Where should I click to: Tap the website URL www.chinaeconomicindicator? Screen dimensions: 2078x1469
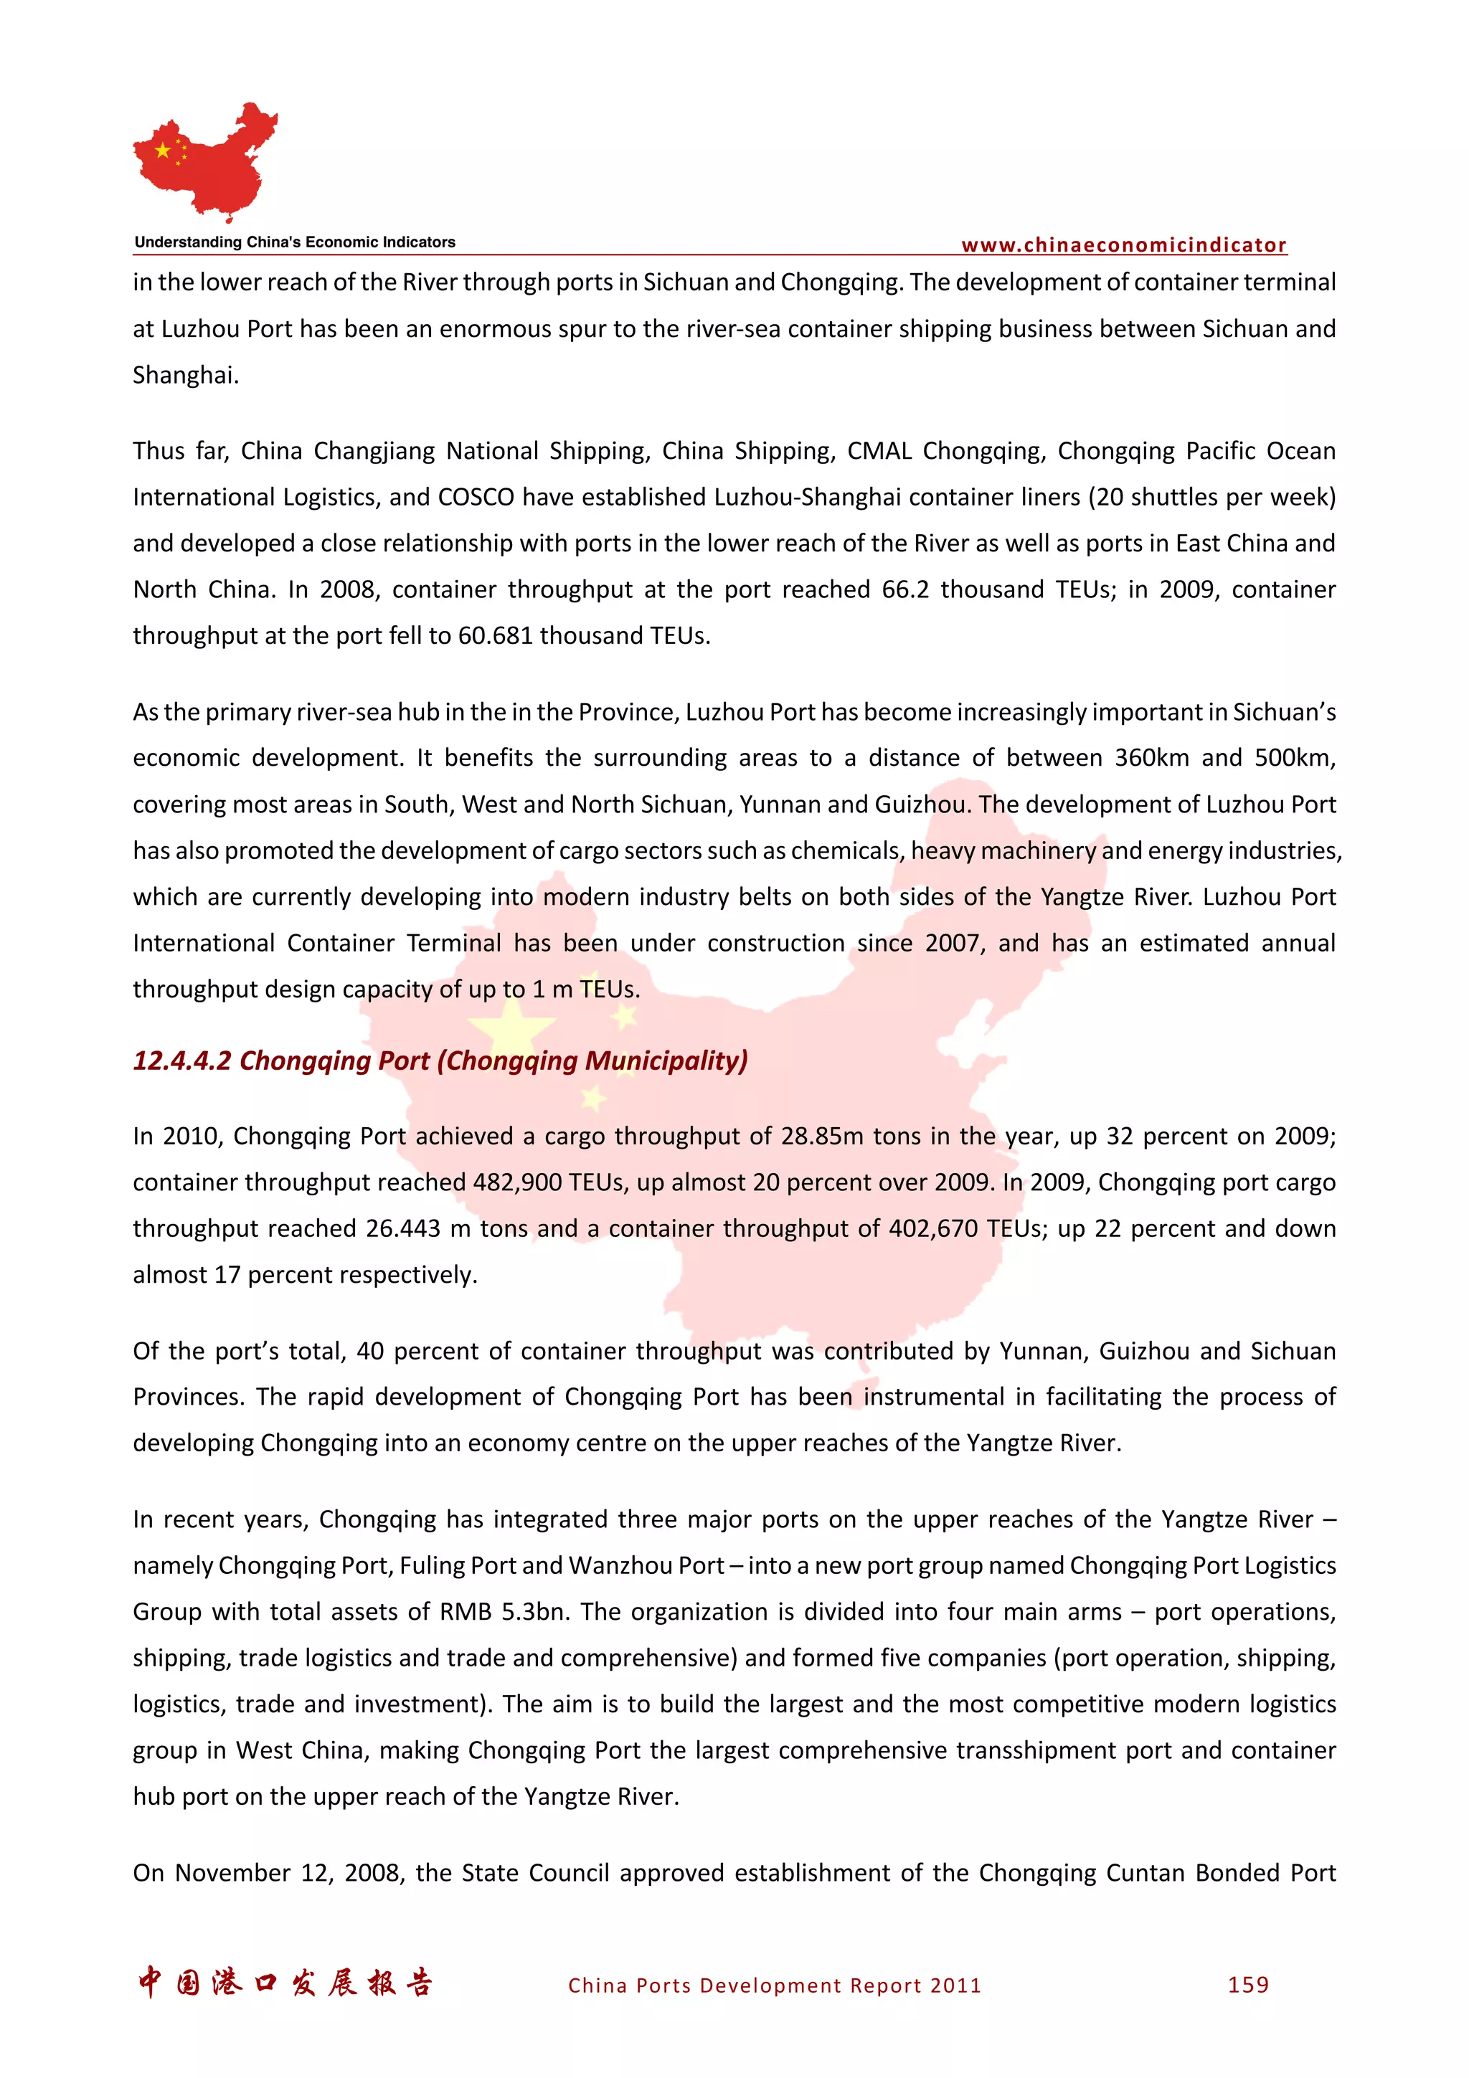[x=1123, y=245]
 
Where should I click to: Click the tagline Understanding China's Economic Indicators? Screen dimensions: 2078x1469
[x=295, y=242]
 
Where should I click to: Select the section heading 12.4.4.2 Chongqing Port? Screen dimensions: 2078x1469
[x=440, y=1060]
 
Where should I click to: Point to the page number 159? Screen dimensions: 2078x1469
[x=1248, y=1984]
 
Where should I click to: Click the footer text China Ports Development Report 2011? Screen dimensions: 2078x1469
[x=774, y=1985]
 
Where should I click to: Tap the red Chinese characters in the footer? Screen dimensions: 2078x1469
[x=285, y=1982]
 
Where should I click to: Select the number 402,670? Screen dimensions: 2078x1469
[x=933, y=1228]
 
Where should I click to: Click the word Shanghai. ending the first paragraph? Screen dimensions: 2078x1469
[x=186, y=375]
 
